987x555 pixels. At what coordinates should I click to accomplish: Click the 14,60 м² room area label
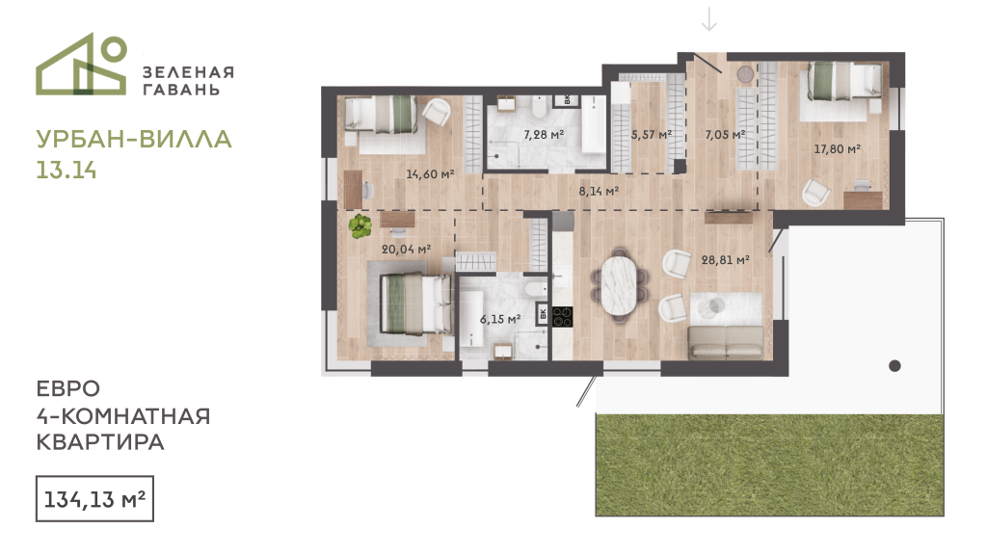coord(430,173)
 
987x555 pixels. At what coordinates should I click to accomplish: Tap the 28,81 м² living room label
coord(725,259)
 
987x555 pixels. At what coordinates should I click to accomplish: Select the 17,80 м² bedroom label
coord(837,149)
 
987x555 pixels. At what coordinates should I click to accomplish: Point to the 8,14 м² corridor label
coord(599,191)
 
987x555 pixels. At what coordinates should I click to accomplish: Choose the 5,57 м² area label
coord(652,135)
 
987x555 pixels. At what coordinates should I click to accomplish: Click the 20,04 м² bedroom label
coord(406,250)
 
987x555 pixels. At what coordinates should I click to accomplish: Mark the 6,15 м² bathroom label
coord(500,319)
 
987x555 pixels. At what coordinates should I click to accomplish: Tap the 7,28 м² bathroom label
coord(544,134)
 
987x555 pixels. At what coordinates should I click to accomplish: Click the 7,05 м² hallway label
coord(725,135)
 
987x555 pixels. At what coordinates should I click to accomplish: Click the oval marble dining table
coord(621,285)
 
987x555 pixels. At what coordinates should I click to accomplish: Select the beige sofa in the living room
coord(726,342)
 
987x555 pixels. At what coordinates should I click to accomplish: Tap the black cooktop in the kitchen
coord(562,316)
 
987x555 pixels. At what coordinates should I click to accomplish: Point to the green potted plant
coord(360,225)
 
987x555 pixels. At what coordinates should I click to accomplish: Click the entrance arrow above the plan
coord(709,19)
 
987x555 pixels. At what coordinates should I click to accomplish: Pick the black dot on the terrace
coord(894,365)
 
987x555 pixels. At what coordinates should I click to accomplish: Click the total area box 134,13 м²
coord(94,499)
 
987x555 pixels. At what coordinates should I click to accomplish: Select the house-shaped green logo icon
coord(82,65)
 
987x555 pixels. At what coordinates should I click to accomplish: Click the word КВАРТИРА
coord(100,442)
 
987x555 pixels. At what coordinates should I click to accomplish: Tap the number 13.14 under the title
coord(67,171)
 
